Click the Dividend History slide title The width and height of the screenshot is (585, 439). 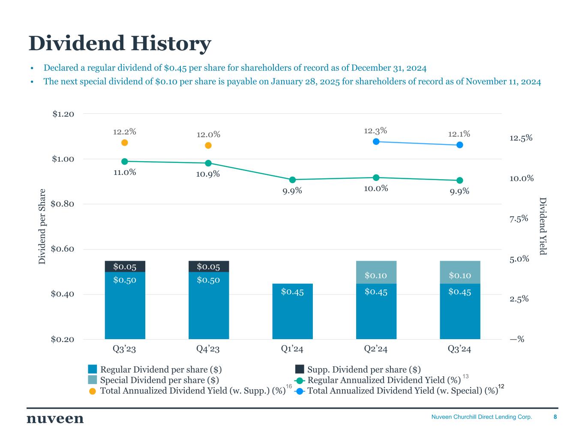click(120, 44)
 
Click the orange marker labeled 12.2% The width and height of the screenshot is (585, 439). click(125, 143)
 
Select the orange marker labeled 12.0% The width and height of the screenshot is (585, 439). click(208, 145)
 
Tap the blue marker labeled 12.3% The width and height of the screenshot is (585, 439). click(376, 141)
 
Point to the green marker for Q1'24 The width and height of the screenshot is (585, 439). click(292, 180)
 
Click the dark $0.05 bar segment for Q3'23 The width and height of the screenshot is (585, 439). click(125, 267)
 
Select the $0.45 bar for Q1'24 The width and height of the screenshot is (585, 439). click(292, 311)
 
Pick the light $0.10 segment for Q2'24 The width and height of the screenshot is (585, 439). click(376, 272)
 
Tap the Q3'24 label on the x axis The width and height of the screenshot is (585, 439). click(459, 349)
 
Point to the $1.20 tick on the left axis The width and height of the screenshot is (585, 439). click(63, 114)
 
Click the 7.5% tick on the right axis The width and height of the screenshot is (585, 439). click(519, 219)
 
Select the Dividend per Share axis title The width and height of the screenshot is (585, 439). click(42, 226)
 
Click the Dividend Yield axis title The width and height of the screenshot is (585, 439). click(543, 226)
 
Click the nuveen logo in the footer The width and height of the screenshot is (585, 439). click(55, 419)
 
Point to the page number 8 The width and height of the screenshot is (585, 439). click(555, 417)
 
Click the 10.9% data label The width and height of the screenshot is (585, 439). click(208, 174)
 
